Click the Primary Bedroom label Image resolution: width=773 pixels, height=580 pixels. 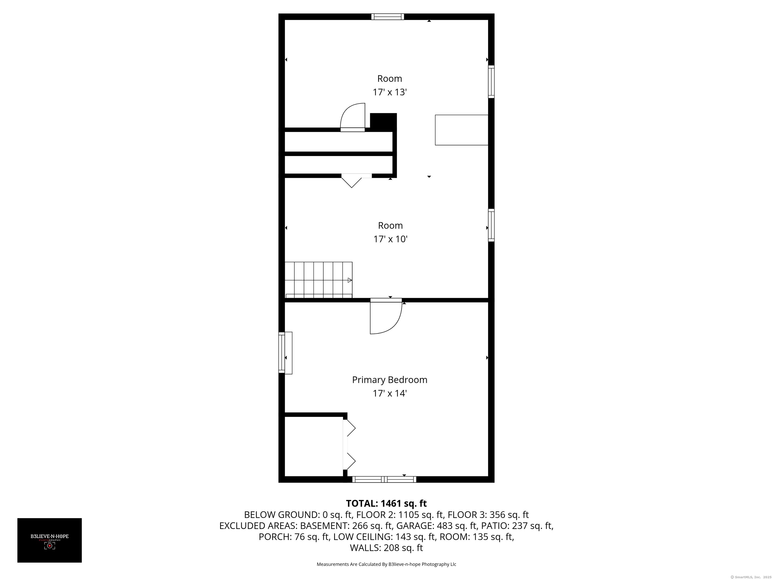point(389,380)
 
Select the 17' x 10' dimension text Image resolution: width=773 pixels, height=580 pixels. point(390,239)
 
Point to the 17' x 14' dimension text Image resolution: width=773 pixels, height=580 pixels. point(389,393)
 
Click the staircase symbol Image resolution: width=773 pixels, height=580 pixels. point(318,280)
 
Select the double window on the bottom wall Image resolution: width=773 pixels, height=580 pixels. point(384,479)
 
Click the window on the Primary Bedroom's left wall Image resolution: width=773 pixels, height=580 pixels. point(282,353)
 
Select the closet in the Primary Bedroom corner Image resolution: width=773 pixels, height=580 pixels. point(314,446)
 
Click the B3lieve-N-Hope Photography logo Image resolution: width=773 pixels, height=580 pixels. point(50,540)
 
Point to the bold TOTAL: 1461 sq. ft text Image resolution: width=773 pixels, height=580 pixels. point(386,503)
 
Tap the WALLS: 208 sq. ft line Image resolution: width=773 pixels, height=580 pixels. point(386,548)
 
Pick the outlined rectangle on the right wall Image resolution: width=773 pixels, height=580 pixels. point(461,130)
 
